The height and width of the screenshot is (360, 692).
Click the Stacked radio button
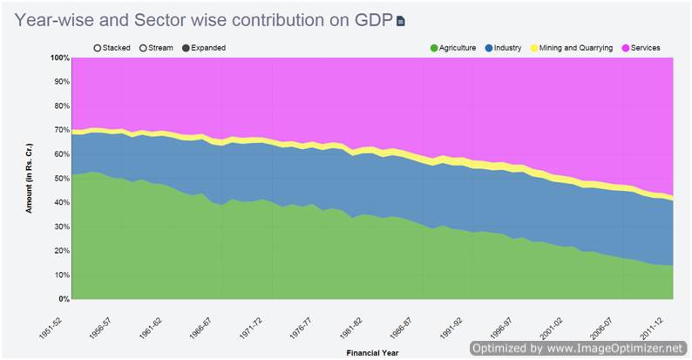(98, 48)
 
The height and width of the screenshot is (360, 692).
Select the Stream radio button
(145, 48)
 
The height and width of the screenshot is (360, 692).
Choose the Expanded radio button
(187, 48)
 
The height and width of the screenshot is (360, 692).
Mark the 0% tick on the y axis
(63, 299)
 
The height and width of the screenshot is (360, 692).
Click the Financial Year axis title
(372, 353)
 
